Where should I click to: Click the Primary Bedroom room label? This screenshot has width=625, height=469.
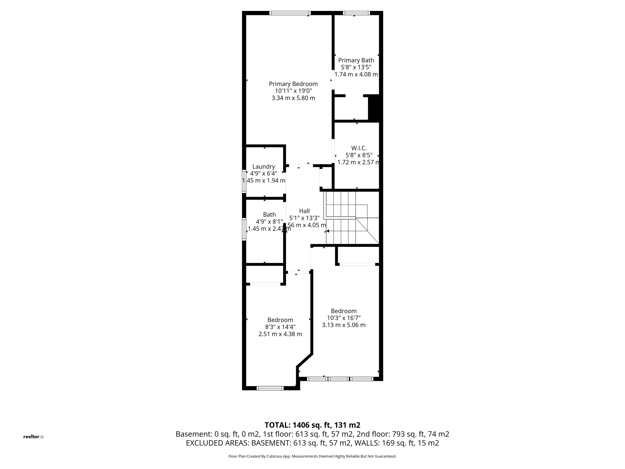(x=293, y=84)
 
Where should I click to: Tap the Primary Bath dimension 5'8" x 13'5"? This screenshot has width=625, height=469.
(x=356, y=67)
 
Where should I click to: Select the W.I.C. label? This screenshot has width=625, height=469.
(x=359, y=148)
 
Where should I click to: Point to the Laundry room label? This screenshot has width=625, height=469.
(x=264, y=166)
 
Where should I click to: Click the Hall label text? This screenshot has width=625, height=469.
(x=304, y=211)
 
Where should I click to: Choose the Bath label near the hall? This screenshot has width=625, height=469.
(x=269, y=215)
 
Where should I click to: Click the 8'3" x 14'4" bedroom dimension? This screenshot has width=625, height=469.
(x=280, y=327)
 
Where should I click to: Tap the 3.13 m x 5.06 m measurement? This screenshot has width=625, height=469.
(x=344, y=325)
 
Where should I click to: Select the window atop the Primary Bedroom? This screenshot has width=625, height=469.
(x=290, y=13)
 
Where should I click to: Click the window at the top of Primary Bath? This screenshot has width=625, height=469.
(x=356, y=13)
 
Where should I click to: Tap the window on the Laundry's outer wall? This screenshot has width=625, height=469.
(x=244, y=181)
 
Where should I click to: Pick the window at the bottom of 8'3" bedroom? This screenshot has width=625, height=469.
(x=270, y=388)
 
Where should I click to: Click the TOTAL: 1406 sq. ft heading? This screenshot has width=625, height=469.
(x=312, y=425)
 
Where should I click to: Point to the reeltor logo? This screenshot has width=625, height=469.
(x=33, y=437)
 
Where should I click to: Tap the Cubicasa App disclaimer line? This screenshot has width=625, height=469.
(x=312, y=456)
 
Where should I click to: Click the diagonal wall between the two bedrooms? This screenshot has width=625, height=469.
(x=305, y=360)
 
